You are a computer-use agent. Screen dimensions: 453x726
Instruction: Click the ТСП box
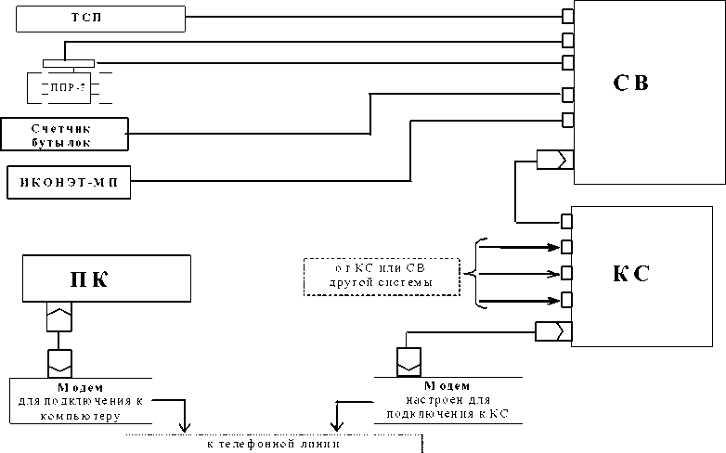coord(93,18)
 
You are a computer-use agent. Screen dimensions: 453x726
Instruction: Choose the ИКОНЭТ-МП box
coord(69,182)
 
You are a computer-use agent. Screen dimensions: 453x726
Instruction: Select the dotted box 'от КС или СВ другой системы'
coord(382,276)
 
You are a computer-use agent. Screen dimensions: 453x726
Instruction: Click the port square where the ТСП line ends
coord(566,16)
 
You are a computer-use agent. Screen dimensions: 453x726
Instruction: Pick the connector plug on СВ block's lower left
coord(553,161)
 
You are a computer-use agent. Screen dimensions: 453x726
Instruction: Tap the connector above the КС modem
coord(409,360)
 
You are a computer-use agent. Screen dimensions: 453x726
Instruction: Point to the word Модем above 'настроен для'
coord(447,384)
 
